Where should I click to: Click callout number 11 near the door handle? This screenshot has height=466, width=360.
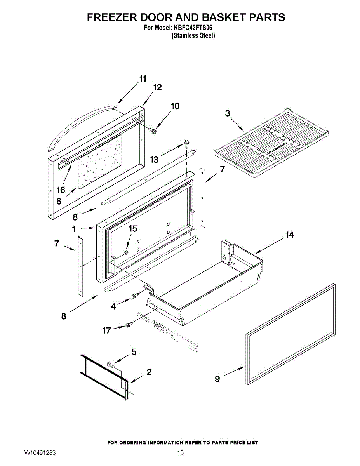[143, 79]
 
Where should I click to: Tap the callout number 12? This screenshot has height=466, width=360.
[157, 88]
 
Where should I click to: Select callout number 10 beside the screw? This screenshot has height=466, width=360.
[176, 106]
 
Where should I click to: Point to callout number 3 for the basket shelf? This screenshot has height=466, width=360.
[228, 113]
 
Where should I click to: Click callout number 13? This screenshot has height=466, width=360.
[155, 159]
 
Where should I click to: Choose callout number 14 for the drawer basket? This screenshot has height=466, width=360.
[289, 235]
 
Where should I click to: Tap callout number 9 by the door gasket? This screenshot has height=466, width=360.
[217, 379]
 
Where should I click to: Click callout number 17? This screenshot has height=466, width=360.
[106, 330]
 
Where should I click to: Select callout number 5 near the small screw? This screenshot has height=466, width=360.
[134, 352]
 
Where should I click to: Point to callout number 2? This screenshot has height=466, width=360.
[149, 372]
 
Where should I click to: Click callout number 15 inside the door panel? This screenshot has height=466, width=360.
[133, 229]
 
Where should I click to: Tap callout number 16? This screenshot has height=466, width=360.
[61, 190]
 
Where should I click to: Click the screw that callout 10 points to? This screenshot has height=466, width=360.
[153, 131]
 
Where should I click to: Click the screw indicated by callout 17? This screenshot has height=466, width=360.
[129, 324]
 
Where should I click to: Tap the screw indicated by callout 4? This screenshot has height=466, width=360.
[135, 296]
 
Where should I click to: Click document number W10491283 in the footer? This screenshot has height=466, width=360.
[40, 453]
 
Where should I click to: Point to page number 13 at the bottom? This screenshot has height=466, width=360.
[180, 453]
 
